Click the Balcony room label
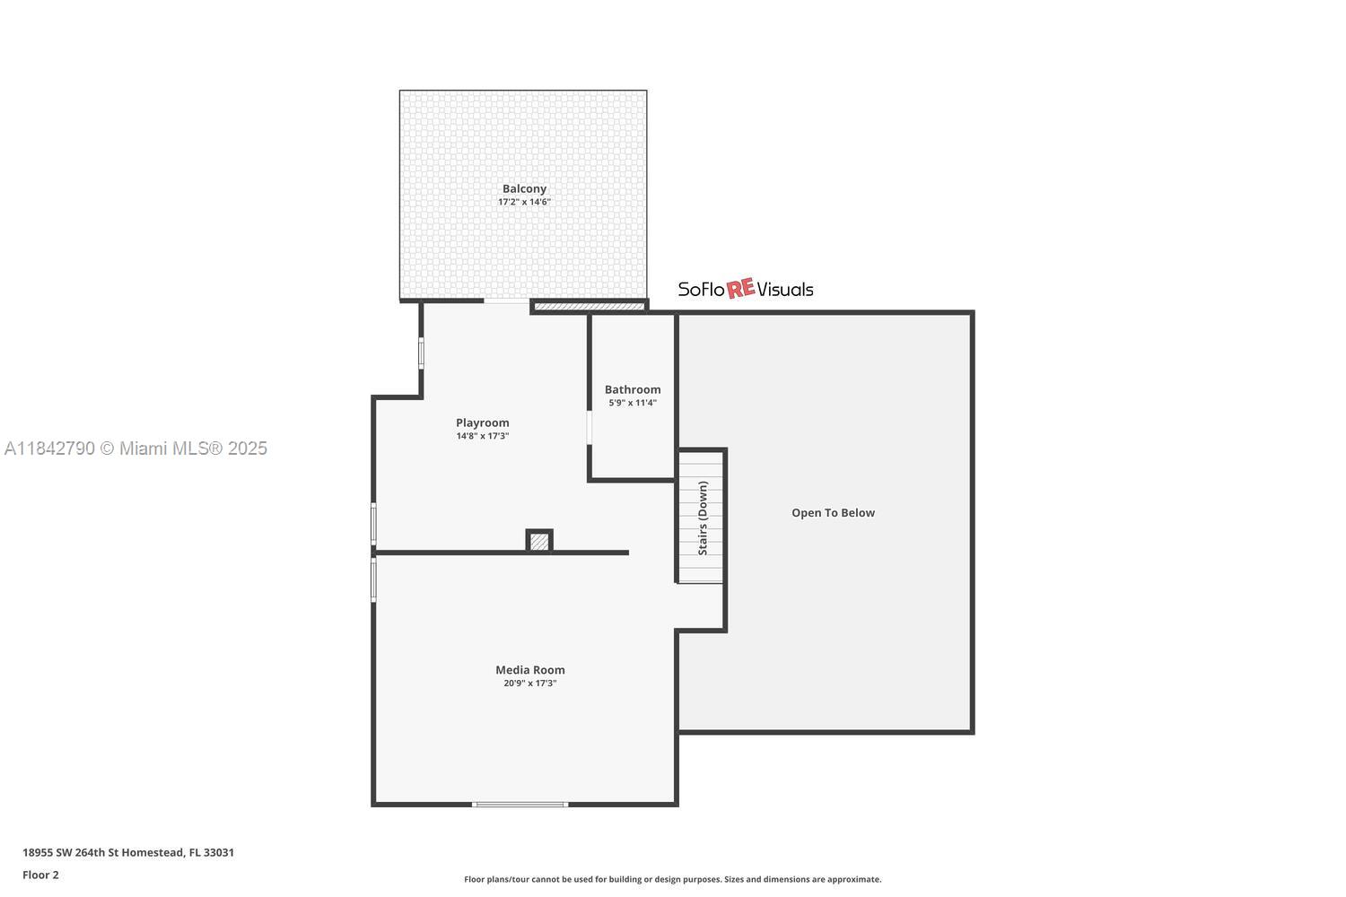[x=524, y=188]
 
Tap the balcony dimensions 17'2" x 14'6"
[x=524, y=202]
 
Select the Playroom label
[x=482, y=422]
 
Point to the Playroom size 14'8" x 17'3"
[x=482, y=436]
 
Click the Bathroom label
[x=633, y=389]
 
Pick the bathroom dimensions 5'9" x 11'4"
[x=633, y=403]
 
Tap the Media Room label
[x=530, y=669]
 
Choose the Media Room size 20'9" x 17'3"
[x=530, y=684]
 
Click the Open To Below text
[x=833, y=513]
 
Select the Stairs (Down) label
[x=703, y=518]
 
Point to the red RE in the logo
[x=740, y=289]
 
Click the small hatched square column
[x=539, y=542]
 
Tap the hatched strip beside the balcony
[x=590, y=307]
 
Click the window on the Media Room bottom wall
[x=520, y=805]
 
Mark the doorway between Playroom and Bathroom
[x=590, y=428]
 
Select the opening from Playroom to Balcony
[x=507, y=301]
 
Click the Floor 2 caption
[x=40, y=875]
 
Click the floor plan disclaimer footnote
[x=672, y=879]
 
